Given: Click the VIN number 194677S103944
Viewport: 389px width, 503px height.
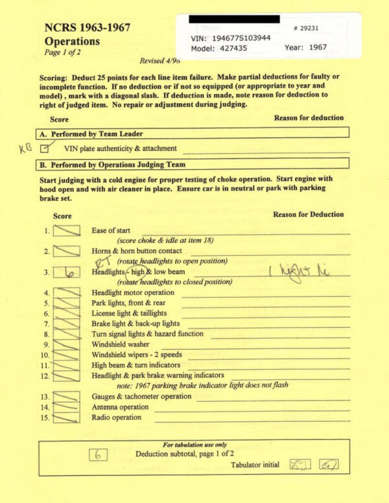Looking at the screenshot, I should (x=239, y=38).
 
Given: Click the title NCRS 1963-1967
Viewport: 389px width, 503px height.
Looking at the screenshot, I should (x=87, y=28).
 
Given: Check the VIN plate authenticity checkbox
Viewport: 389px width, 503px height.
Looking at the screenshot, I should (x=45, y=148).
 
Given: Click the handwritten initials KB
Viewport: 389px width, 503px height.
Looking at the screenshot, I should (x=25, y=148).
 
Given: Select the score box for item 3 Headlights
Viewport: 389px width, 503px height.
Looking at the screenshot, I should (x=67, y=272).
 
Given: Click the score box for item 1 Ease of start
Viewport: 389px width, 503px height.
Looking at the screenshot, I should (x=67, y=231).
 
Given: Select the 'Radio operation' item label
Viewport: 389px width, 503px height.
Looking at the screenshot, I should (x=116, y=417).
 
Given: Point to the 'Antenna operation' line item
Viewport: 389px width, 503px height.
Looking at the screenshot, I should (x=120, y=407).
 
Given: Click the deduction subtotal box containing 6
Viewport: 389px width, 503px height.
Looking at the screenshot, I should (x=97, y=455).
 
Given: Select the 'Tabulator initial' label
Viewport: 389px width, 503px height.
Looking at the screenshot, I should (x=255, y=465).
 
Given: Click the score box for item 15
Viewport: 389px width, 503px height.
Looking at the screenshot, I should (x=67, y=417).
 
